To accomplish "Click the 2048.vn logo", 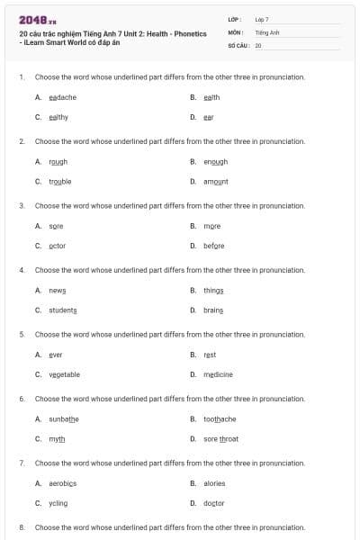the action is pyautogui.click(x=38, y=19).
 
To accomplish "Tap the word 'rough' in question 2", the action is pyautogui.click(x=58, y=162).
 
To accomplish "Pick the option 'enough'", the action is pyautogui.click(x=215, y=162).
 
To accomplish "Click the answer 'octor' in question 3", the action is pyautogui.click(x=57, y=246).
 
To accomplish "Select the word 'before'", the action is pyautogui.click(x=214, y=246).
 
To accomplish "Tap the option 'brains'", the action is pyautogui.click(x=213, y=310).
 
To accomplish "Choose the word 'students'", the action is pyautogui.click(x=63, y=310).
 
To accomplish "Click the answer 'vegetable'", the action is pyautogui.click(x=64, y=374).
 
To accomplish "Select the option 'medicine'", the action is pyautogui.click(x=218, y=374).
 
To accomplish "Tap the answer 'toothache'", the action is pyautogui.click(x=220, y=419).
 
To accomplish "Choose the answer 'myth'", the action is pyautogui.click(x=57, y=439).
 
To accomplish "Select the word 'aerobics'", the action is pyautogui.click(x=63, y=483).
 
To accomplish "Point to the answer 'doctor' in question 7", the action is pyautogui.click(x=214, y=503).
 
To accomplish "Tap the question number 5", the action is pyautogui.click(x=22, y=334).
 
